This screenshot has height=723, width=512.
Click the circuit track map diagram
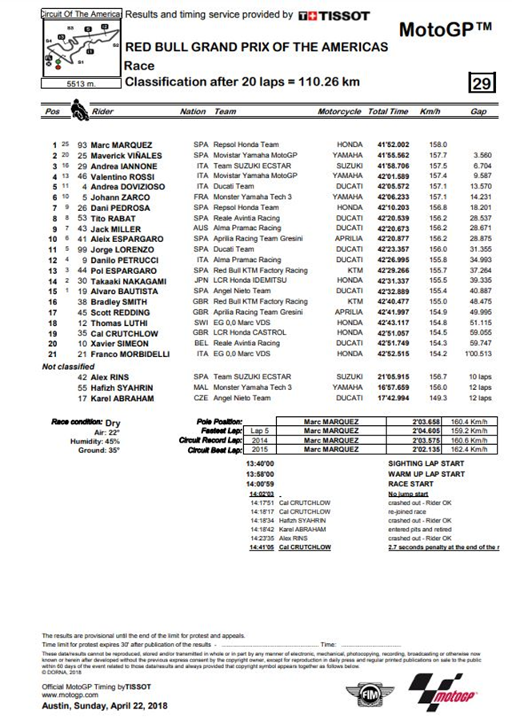point(80,49)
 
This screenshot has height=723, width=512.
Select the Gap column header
point(478,113)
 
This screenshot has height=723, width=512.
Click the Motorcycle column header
point(338,113)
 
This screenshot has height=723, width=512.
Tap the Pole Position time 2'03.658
point(426,421)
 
